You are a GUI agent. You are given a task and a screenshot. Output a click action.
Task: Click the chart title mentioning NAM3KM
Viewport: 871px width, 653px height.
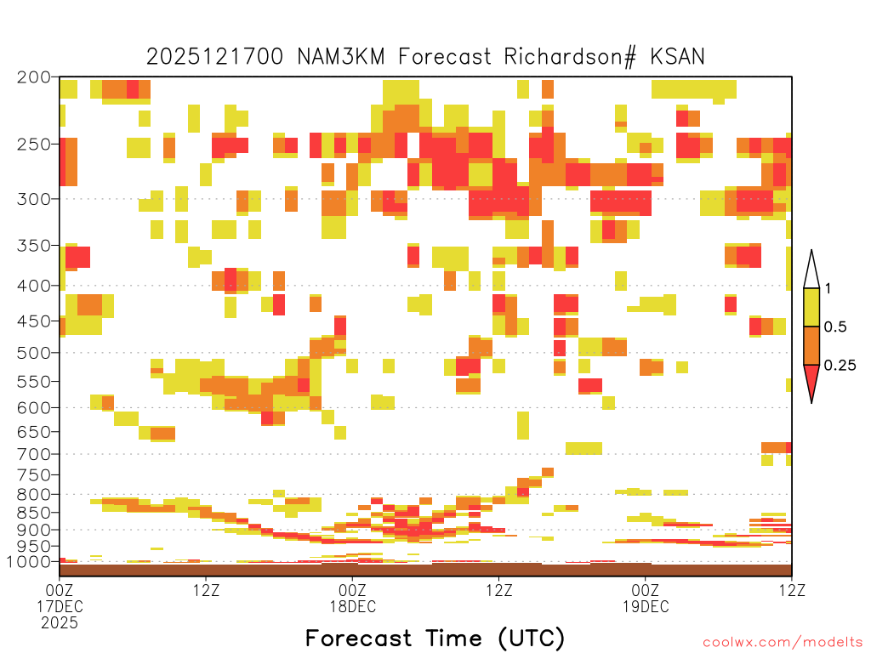(425, 57)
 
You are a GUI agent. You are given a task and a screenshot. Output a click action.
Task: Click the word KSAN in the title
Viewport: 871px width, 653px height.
(677, 57)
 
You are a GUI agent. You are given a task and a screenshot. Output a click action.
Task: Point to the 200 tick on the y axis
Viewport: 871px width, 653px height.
(34, 77)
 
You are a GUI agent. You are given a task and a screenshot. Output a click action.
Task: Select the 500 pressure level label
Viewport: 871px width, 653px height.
(34, 353)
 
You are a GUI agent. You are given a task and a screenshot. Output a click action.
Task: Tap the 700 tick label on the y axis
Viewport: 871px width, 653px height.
(34, 454)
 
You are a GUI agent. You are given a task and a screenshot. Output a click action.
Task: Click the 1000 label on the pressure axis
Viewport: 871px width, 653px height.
(29, 562)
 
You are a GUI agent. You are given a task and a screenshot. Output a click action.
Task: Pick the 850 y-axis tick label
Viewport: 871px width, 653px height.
(34, 512)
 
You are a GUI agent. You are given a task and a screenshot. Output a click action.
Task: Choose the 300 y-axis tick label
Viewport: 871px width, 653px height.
(34, 199)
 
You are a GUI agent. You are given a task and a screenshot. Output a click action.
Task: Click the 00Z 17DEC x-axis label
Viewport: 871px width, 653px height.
(60, 598)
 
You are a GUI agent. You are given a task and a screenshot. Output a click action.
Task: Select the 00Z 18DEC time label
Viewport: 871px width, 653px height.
(353, 598)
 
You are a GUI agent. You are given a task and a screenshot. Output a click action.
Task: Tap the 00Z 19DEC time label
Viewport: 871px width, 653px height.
(646, 598)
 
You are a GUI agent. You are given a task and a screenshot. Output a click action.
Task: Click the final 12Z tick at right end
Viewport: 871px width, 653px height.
(792, 590)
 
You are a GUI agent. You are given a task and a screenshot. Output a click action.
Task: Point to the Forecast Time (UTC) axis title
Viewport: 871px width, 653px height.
(435, 638)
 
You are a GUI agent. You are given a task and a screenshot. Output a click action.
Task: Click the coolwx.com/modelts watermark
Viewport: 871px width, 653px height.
(783, 643)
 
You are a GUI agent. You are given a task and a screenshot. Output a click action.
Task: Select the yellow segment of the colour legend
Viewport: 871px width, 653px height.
(811, 307)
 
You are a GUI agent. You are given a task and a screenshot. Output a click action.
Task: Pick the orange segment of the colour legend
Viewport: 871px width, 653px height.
(811, 345)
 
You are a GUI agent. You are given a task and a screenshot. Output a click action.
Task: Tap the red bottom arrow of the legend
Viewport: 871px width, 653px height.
(811, 382)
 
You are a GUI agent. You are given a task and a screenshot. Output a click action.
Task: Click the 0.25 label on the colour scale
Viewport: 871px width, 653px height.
(840, 365)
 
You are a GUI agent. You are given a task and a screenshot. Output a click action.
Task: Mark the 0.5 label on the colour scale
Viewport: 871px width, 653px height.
(835, 326)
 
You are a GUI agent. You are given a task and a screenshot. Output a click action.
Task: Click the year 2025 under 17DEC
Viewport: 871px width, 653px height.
(60, 623)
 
